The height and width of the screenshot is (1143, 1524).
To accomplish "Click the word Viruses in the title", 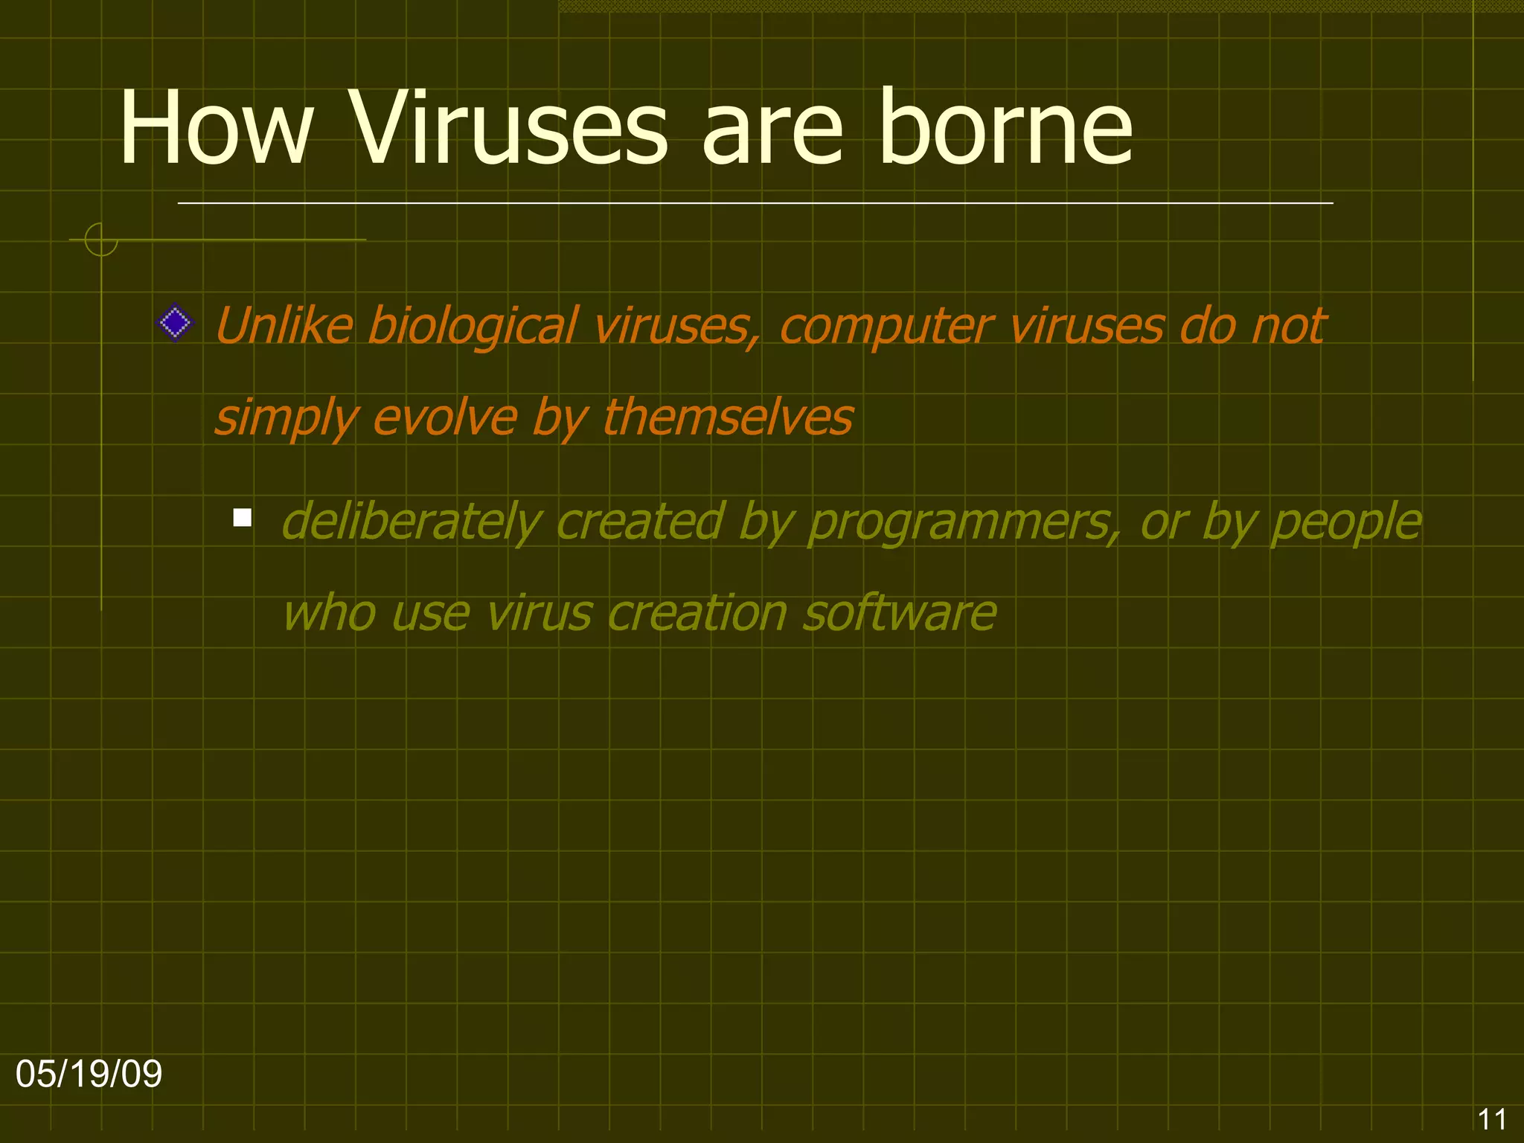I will pyautogui.click(x=509, y=128).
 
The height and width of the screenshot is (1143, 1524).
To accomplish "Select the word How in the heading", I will pyautogui.click(x=216, y=128).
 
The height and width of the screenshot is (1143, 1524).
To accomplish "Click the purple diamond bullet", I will pyautogui.click(x=176, y=323).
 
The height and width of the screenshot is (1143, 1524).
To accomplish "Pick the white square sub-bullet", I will pyautogui.click(x=242, y=517).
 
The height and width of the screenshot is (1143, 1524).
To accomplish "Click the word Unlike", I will pyautogui.click(x=284, y=326).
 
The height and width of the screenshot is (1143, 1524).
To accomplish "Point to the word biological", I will pyautogui.click(x=473, y=326).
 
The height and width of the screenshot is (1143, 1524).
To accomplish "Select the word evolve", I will pyautogui.click(x=444, y=417).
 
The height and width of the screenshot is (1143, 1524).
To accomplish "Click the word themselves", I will pyautogui.click(x=728, y=417).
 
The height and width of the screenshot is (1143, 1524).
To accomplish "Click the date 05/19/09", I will pyautogui.click(x=89, y=1074).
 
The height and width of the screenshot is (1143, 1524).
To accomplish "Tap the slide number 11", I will pyautogui.click(x=1491, y=1119).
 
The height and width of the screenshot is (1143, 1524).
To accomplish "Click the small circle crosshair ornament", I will pyautogui.click(x=101, y=240).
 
